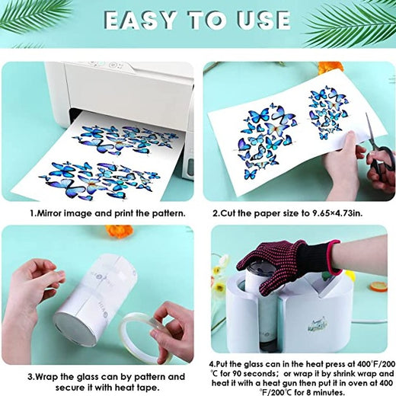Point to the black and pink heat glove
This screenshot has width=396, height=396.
coord(288,267)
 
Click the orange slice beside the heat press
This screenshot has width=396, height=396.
coord(378,286)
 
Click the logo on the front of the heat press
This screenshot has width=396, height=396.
coord(318,325)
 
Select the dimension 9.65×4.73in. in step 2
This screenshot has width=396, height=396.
coord(337,213)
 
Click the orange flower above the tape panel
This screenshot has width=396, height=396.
coord(120,231)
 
